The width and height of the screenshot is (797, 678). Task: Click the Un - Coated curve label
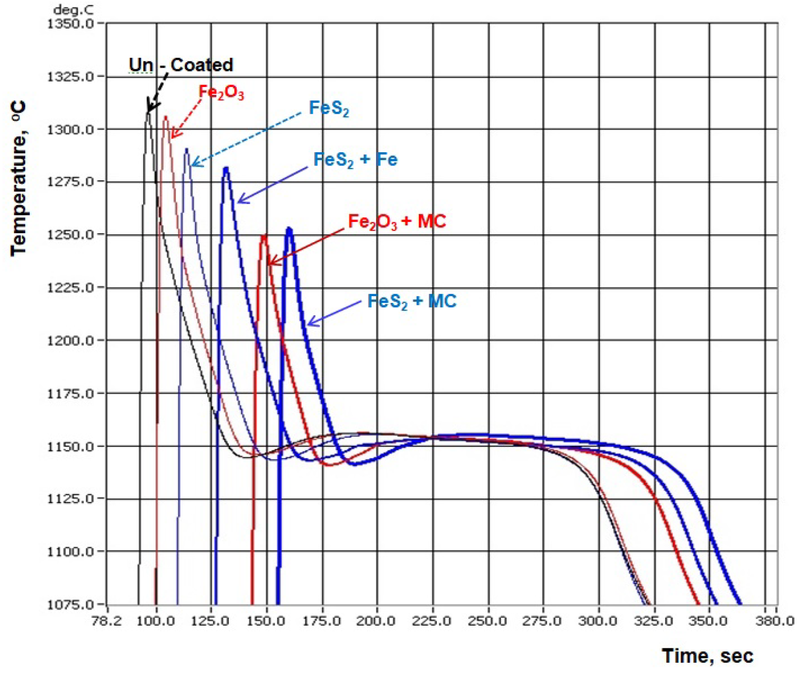[x=181, y=65]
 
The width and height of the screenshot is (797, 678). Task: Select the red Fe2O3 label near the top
[x=221, y=92]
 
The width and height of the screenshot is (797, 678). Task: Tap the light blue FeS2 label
[x=329, y=108]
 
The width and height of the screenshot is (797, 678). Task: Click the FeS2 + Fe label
[x=355, y=160]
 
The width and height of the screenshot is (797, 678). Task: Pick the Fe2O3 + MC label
[x=397, y=221]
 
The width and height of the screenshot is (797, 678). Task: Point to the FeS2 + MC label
[x=412, y=301]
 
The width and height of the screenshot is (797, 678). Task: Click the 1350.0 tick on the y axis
[x=70, y=24]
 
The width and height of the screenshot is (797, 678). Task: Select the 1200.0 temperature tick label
[x=70, y=341]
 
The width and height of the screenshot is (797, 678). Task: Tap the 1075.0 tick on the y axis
[x=70, y=605]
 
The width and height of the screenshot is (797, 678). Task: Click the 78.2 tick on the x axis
[x=107, y=621]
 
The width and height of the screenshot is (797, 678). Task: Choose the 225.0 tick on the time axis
[x=432, y=621]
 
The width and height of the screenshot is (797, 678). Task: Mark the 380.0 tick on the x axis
[x=775, y=621]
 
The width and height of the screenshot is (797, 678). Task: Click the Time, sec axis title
[x=707, y=656]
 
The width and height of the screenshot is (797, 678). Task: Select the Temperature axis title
[x=19, y=178]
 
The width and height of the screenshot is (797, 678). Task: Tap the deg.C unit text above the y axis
[x=73, y=10]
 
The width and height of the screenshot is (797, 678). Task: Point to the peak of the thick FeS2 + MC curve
[x=290, y=229]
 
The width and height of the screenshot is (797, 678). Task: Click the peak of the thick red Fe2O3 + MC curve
[x=264, y=236]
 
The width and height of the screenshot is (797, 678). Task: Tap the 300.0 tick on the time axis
[x=597, y=621]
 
